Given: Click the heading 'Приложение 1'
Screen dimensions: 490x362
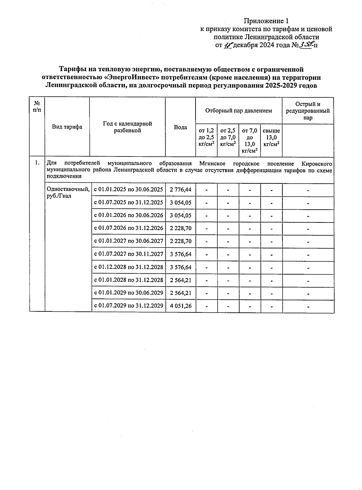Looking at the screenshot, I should (x=266, y=21).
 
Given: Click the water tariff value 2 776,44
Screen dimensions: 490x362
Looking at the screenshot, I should (x=180, y=190).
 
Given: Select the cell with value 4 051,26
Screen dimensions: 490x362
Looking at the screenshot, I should (x=180, y=306).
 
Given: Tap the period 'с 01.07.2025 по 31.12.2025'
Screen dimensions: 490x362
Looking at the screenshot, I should (x=129, y=202).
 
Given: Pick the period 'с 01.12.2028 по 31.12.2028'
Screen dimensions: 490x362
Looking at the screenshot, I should (x=129, y=267).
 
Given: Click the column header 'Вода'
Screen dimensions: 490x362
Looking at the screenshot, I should (x=180, y=127).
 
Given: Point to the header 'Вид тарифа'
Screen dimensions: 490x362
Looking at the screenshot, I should (x=67, y=127).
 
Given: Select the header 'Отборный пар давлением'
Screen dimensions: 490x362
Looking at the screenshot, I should (x=239, y=111).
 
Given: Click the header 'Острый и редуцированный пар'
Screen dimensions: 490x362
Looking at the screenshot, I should (x=308, y=111).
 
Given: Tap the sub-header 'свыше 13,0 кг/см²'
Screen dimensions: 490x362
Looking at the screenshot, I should (x=271, y=137).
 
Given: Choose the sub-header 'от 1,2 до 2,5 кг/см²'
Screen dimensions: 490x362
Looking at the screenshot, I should (x=206, y=137).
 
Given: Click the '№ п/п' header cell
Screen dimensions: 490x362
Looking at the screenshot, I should (x=37, y=107).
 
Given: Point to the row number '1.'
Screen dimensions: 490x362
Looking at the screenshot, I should (x=37, y=163).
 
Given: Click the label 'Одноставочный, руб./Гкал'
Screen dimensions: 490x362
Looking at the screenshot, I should (x=68, y=192).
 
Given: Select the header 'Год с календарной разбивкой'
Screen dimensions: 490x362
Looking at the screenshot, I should (x=127, y=127).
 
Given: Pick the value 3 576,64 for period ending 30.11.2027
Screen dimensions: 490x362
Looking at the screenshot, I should (x=180, y=254).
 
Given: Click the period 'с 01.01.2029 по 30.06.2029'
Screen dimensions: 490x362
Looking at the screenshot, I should (x=129, y=293).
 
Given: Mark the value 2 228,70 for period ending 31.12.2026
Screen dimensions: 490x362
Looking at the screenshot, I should (x=180, y=228).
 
